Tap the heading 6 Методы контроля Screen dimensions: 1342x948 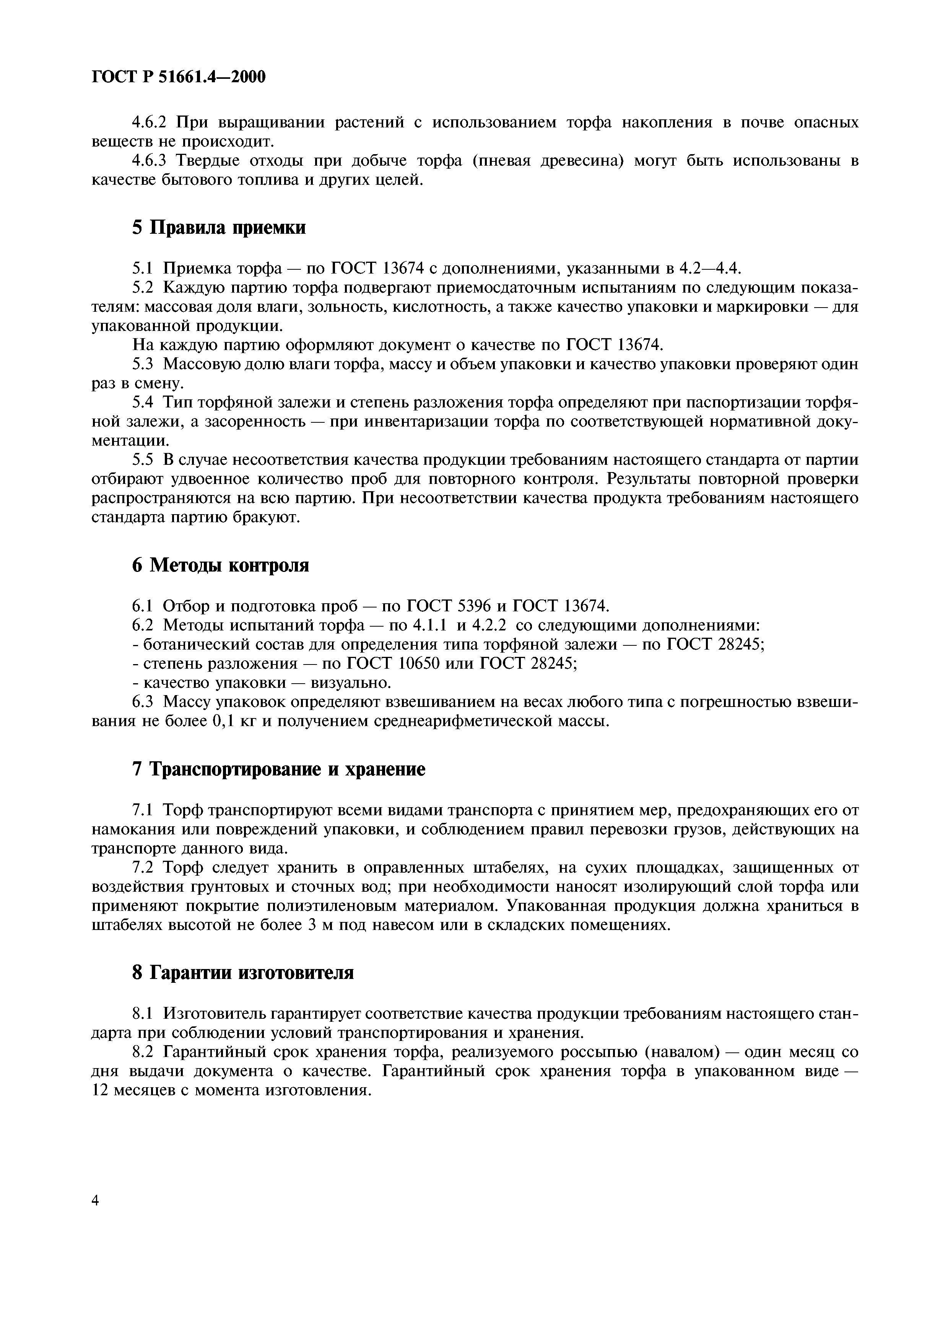coord(220,565)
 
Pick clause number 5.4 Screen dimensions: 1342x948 coord(143,403)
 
